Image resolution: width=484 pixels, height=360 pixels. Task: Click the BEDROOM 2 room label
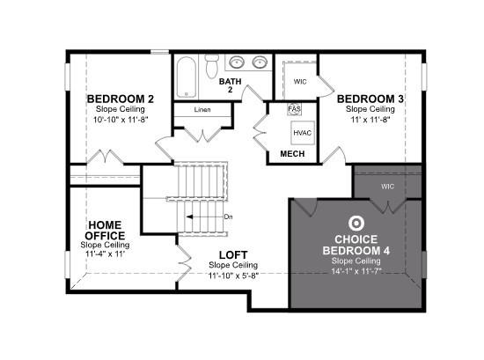pos(121,99)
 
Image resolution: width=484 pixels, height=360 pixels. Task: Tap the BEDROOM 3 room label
pos(370,99)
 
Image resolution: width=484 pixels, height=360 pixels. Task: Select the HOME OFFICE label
pos(105,229)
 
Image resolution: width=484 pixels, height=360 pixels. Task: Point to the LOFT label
pos(233,255)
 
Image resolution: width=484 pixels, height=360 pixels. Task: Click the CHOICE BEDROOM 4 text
pos(357,245)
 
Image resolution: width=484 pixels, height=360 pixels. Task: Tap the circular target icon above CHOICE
pos(357,224)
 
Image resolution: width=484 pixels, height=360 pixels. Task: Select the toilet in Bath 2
pos(211,65)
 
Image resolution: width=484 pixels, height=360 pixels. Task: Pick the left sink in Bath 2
pos(237,63)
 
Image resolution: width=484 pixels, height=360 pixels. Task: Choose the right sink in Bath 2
pos(259,63)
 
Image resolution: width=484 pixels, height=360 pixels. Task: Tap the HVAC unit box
pos(303,132)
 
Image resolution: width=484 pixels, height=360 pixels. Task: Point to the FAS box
pos(295,110)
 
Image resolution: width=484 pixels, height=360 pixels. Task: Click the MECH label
pos(292,154)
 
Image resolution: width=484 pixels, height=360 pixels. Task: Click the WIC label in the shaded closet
pos(388,187)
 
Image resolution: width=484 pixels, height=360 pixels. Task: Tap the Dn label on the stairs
pos(228,217)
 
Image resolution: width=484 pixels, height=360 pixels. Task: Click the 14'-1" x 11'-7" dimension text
pos(357,270)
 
